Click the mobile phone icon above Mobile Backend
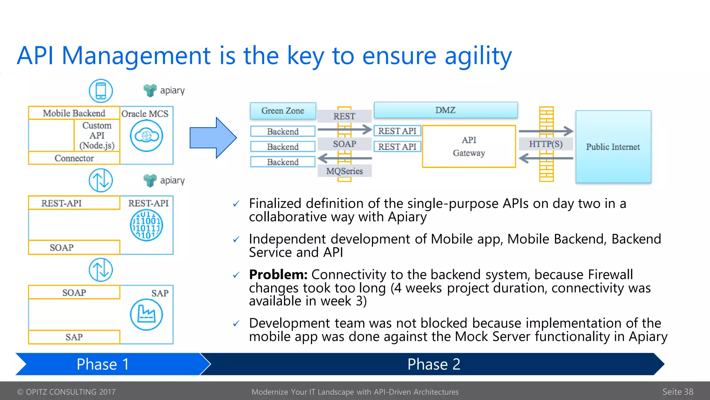[x=101, y=91]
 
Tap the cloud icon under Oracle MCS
[x=146, y=136]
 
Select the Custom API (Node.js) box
[x=97, y=135]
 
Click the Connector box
[x=74, y=158]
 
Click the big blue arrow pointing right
[x=213, y=138]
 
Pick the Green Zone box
[x=283, y=111]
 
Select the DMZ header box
[x=445, y=110]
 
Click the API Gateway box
[x=469, y=146]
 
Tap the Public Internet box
[x=613, y=147]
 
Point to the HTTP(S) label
[x=545, y=144]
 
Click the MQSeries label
[x=344, y=171]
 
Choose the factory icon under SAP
[x=146, y=315]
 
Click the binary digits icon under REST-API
[x=146, y=225]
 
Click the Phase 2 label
[x=433, y=364]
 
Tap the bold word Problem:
[x=278, y=275]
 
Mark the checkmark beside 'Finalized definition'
[x=236, y=204]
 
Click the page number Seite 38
[x=677, y=392]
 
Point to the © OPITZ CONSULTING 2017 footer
[x=66, y=392]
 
